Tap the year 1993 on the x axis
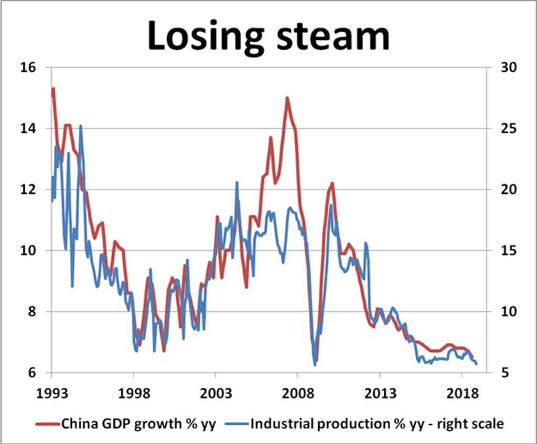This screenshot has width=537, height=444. click(x=51, y=393)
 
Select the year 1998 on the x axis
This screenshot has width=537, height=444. click(x=133, y=393)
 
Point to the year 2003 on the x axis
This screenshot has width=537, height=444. click(x=215, y=393)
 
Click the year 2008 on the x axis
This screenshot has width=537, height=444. click(x=297, y=393)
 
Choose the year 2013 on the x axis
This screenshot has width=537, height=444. click(x=379, y=393)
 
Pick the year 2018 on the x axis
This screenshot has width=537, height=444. click(x=461, y=393)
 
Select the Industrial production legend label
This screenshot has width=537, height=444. click(x=377, y=424)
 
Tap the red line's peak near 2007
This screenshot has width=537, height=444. click(x=287, y=98)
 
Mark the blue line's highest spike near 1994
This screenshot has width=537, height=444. click(x=80, y=126)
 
